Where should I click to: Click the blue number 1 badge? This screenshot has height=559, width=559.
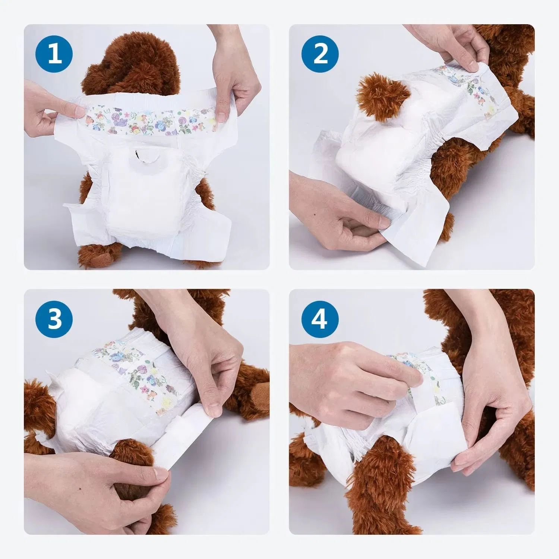pos(54,54)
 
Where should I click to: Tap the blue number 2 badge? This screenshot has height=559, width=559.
pos(320,54)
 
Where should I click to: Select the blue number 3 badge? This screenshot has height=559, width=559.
pos(54,319)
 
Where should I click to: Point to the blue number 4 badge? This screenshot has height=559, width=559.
pos(320,319)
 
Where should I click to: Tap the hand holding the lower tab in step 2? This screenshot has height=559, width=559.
pos(335,220)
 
